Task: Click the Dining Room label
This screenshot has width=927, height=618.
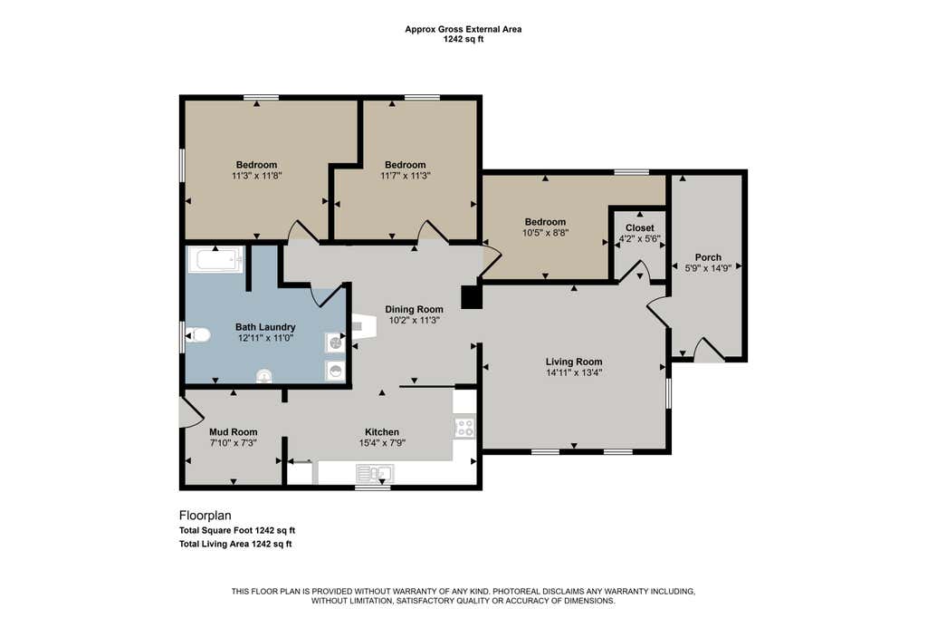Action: coord(414,309)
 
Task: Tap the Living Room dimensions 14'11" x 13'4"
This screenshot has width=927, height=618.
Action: coord(574,373)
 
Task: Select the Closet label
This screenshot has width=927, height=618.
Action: coord(640,228)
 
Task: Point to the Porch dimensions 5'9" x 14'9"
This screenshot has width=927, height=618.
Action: coord(708,268)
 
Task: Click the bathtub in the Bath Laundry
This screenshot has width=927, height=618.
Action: coord(215,260)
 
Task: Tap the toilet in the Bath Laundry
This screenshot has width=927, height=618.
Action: coord(198,335)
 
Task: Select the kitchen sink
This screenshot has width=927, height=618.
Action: coord(375,474)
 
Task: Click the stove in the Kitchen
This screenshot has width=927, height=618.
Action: coord(464,428)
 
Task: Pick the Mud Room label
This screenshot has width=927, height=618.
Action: coord(233,432)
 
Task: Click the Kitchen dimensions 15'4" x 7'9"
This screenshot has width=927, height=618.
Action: coord(382,443)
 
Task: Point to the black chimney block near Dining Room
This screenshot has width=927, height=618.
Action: coord(472,297)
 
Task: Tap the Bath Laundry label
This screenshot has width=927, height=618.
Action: coord(265,327)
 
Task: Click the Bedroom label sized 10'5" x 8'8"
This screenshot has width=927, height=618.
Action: coord(545,222)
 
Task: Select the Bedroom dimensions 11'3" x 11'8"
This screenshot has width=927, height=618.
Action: coord(256,176)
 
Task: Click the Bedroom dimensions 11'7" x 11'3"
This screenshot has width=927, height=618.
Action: coord(405,176)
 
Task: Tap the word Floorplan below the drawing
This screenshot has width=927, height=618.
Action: coord(205,516)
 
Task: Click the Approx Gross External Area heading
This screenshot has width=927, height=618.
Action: coord(463,29)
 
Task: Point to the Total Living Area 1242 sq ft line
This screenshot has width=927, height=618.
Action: coord(235,544)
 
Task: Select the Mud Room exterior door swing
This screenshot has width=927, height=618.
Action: coord(187,410)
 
